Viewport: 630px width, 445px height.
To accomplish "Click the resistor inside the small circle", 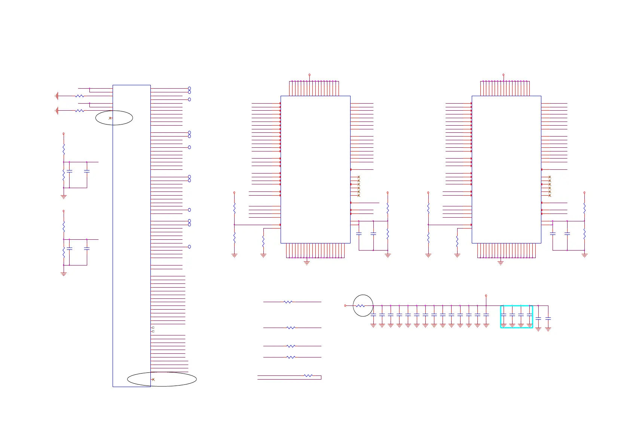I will pos(360,306).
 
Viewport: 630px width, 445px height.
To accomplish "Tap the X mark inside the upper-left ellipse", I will pos(110,118).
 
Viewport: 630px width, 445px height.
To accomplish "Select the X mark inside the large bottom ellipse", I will pos(153,380).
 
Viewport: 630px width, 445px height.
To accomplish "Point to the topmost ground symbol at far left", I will pos(56,96).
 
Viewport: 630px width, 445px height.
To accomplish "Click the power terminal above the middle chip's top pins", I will pos(309,75).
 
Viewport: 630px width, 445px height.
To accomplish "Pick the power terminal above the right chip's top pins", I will pos(503,75).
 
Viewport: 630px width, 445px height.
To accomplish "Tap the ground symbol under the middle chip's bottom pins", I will pos(307,263).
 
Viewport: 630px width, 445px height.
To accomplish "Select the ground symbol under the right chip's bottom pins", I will pos(501,263).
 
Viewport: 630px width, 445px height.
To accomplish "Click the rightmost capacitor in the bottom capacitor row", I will pos(548,319).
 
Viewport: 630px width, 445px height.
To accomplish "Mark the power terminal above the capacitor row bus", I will pos(486,296).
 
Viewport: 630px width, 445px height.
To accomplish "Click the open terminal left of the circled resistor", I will pos(345,306).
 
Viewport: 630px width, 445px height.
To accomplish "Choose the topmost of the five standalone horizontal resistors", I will pos(288,302).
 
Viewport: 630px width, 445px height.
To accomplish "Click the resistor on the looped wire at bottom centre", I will pos(308,375).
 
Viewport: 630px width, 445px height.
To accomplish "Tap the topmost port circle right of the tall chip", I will pos(189,88).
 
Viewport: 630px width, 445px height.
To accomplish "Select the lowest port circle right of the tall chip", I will pos(189,247).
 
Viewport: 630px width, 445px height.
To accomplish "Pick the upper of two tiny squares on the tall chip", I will pos(153,328).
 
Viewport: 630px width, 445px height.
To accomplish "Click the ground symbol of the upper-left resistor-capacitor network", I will pos(64,197).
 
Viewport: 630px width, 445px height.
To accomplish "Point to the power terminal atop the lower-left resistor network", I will pos(64,211).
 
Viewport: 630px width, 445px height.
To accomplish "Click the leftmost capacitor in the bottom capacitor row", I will pos(373,315).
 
